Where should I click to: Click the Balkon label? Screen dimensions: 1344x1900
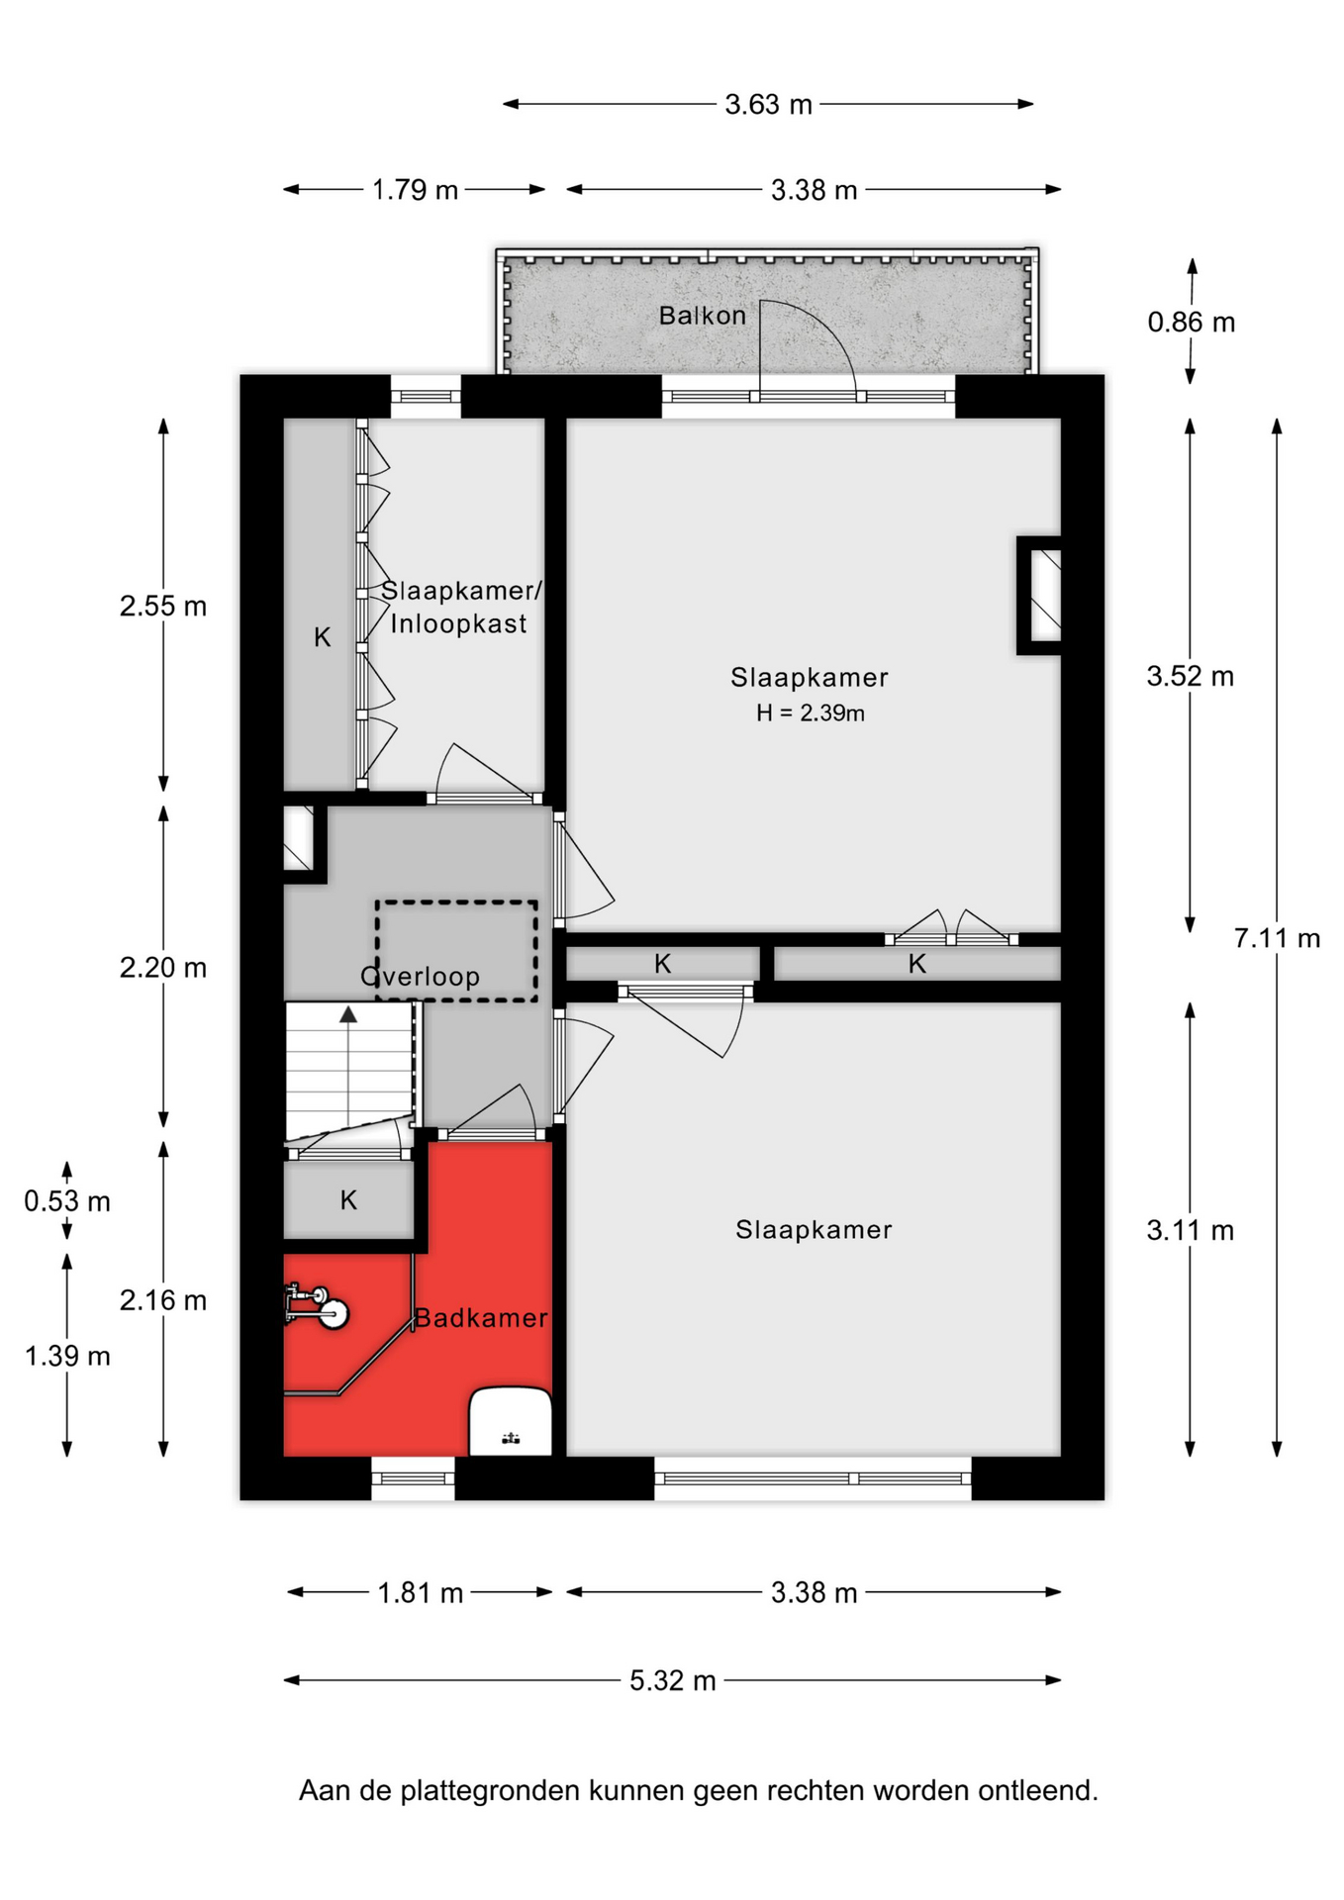tap(702, 316)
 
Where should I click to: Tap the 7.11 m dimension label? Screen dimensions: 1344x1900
tap(1277, 937)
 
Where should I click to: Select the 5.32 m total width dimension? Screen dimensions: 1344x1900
tap(673, 1680)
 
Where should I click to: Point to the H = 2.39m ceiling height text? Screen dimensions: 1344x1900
tap(810, 712)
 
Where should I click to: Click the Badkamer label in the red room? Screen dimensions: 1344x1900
tap(481, 1318)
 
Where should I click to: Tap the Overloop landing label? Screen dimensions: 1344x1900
tap(421, 977)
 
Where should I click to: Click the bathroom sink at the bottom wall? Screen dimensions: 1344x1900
tap(510, 1421)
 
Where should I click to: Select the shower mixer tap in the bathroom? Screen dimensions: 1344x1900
tap(315, 1306)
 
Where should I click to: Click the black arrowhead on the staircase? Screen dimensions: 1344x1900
tap(348, 1014)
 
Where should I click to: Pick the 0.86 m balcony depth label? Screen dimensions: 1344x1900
tap(1192, 323)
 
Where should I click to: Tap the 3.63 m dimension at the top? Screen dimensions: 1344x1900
tap(768, 104)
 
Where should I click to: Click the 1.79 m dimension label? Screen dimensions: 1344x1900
tap(415, 190)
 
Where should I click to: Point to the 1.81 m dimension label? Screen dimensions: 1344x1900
tap(421, 1593)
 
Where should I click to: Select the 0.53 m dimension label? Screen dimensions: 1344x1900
tap(67, 1201)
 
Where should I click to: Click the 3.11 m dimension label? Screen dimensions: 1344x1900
tap(1191, 1231)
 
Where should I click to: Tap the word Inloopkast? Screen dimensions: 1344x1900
tap(458, 623)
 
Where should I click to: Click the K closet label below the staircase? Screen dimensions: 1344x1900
tap(348, 1200)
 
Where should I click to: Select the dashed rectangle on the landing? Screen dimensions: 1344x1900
tap(456, 902)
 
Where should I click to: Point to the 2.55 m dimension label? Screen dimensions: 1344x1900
tap(163, 606)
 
